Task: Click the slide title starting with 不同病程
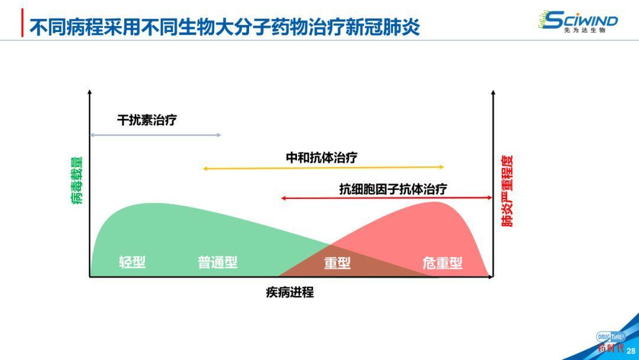[x=224, y=26]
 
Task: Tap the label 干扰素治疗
[x=147, y=120]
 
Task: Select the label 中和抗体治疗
[x=321, y=157]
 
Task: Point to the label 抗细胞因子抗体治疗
[x=393, y=189]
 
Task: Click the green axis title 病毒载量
[x=78, y=181]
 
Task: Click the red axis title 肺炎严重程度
[x=507, y=191]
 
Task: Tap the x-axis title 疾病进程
[x=289, y=292]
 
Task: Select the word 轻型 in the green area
[x=132, y=262]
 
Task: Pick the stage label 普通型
[x=217, y=262]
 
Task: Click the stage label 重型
[x=337, y=263]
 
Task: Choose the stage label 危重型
[x=442, y=263]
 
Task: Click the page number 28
[x=631, y=351]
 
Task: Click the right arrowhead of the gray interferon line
[x=219, y=135]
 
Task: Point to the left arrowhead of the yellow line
[x=205, y=169]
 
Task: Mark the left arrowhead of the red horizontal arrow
[x=283, y=198]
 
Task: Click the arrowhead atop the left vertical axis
[x=89, y=92]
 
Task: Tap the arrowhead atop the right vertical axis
[x=493, y=92]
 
